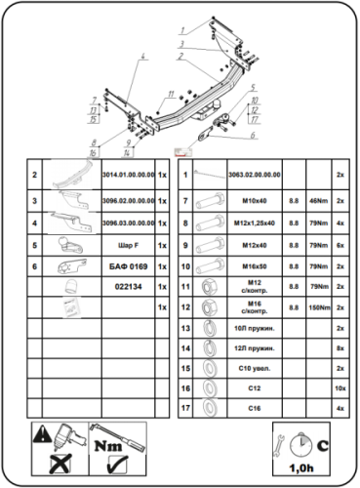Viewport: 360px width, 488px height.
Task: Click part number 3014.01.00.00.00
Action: click(127, 176)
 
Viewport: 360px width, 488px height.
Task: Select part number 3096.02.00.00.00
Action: click(127, 200)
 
